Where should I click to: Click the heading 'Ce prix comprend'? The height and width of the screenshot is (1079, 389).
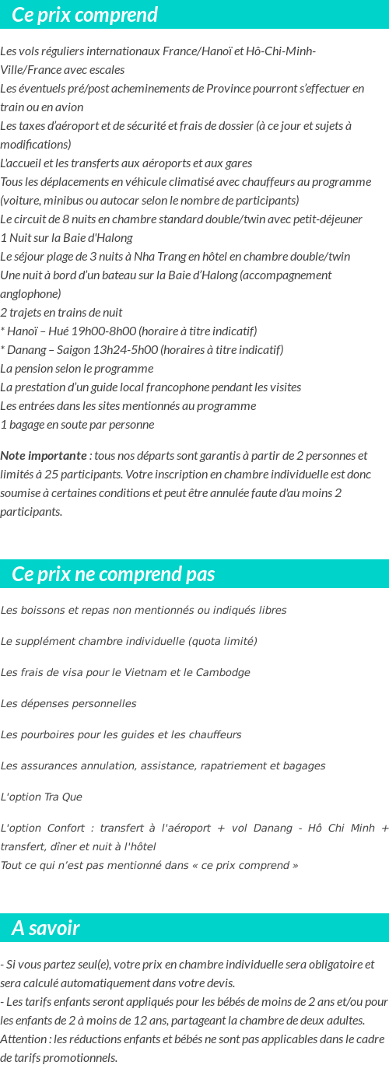coord(85,15)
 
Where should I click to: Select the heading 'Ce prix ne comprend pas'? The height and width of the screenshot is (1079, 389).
coord(114,574)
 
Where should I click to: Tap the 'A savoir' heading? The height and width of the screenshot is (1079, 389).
coord(46,928)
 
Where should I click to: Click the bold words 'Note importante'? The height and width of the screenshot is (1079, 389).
coord(44,456)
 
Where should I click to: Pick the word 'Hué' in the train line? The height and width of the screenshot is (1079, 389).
coord(54,331)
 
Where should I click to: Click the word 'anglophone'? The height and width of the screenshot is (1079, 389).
coord(30,293)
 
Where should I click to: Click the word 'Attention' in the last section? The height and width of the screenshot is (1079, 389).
coord(23,1039)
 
